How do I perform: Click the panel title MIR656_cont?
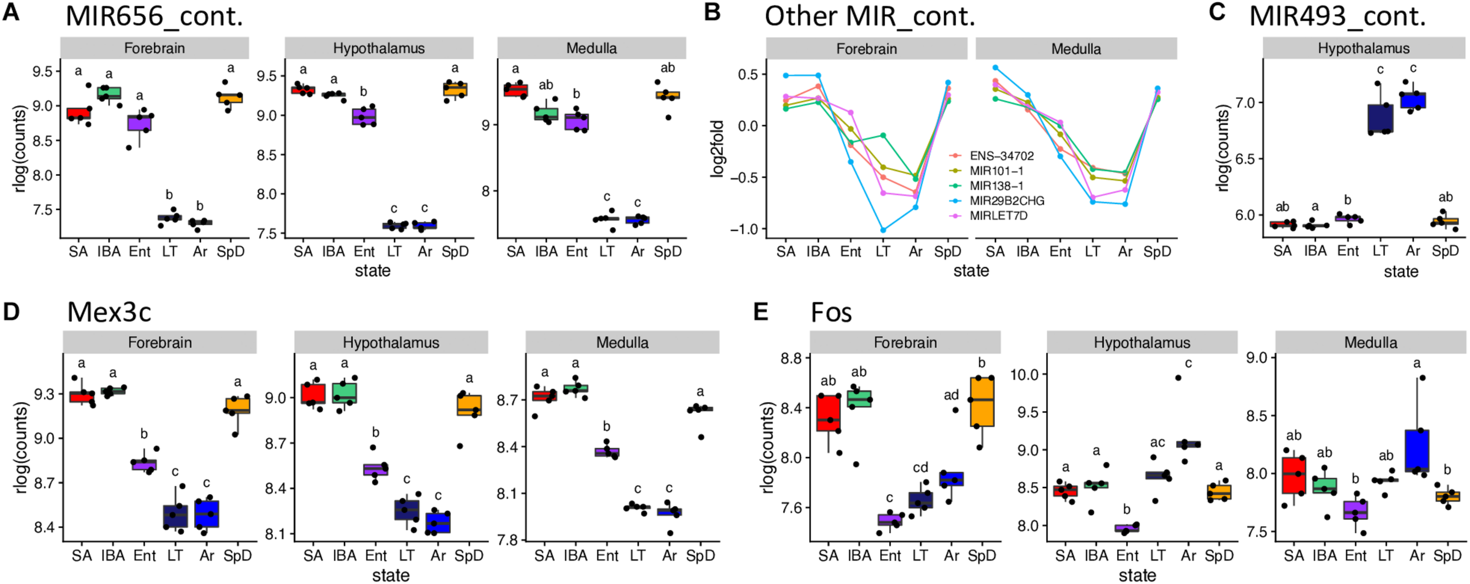pyautogui.click(x=154, y=16)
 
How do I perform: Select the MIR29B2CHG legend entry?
pyautogui.click(x=1007, y=201)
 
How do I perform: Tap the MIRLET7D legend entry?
pyautogui.click(x=998, y=216)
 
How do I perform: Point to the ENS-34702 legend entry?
pyautogui.click(x=1001, y=156)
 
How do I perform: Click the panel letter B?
pyautogui.click(x=712, y=12)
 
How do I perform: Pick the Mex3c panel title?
pyautogui.click(x=109, y=312)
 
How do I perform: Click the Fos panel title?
pyautogui.click(x=831, y=312)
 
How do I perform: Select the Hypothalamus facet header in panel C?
pyautogui.click(x=1363, y=48)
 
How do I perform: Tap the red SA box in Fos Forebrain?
pyautogui.click(x=828, y=421)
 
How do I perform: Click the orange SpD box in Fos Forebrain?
pyautogui.click(x=982, y=401)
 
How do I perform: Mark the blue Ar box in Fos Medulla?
pyautogui.click(x=1417, y=450)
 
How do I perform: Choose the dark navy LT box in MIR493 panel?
pyautogui.click(x=1380, y=119)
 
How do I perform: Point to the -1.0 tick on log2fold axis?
pyautogui.click(x=744, y=229)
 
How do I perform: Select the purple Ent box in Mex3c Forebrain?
pyautogui.click(x=144, y=465)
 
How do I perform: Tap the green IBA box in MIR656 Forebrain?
pyautogui.click(x=109, y=94)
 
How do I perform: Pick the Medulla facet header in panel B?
pyautogui.click(x=1076, y=49)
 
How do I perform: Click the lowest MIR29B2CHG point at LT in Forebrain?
pyautogui.click(x=883, y=230)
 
